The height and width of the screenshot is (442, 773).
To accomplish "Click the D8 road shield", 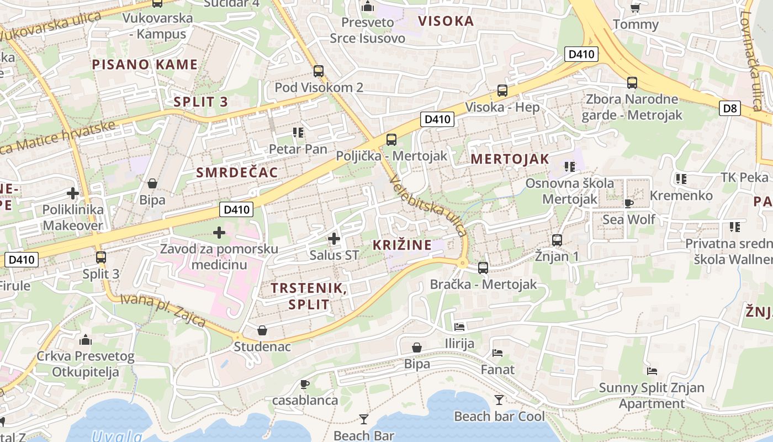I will (730, 108).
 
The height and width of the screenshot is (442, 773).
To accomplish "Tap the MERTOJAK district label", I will (510, 159).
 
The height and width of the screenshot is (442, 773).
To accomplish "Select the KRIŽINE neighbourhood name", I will (402, 245).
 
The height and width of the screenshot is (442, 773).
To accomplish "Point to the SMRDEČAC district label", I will (237, 172).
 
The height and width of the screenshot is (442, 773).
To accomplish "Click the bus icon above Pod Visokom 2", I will (319, 71).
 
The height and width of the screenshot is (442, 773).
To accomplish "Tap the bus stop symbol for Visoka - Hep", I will (502, 91).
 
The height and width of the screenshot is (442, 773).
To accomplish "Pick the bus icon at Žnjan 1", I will (557, 240).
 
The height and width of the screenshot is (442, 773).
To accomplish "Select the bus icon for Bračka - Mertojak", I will (483, 268).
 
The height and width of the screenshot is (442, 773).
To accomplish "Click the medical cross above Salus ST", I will (333, 239).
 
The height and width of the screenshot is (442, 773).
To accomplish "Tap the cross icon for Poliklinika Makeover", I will (72, 193).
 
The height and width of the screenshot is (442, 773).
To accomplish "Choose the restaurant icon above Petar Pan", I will (298, 133).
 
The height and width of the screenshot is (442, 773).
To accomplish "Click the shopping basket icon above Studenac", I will (262, 330).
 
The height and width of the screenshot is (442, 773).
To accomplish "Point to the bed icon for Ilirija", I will (459, 327).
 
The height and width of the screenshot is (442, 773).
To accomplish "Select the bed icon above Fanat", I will (497, 352).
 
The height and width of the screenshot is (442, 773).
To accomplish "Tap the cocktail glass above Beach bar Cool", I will (499, 399).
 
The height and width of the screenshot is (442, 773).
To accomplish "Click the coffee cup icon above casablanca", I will (304, 384).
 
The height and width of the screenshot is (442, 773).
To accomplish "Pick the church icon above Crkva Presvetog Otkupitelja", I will (86, 340).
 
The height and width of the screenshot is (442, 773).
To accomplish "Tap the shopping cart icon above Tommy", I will (636, 8).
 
